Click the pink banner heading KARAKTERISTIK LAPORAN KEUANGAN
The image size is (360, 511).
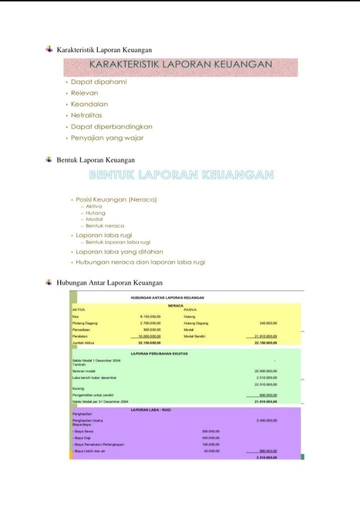coord(181,65)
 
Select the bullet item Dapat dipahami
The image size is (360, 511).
coord(99,81)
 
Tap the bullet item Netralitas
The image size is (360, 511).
coord(86,115)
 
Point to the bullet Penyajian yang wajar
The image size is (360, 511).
coord(107,138)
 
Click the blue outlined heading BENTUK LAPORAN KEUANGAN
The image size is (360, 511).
coord(181,175)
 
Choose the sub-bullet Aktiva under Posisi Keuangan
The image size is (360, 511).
coord(94,206)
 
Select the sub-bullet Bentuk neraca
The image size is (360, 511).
coord(105,226)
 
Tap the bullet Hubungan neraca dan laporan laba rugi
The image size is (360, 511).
coord(140,262)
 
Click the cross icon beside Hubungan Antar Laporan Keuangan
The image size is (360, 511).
coord(49,282)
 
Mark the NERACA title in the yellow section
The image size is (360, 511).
coord(176,305)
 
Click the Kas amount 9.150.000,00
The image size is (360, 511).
coord(150,317)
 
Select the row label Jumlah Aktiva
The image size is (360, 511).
coord(83,343)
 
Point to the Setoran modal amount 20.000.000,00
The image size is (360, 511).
coord(266,371)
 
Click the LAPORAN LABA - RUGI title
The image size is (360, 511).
coord(150,410)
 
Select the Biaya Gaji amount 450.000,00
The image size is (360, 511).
coord(211,438)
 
